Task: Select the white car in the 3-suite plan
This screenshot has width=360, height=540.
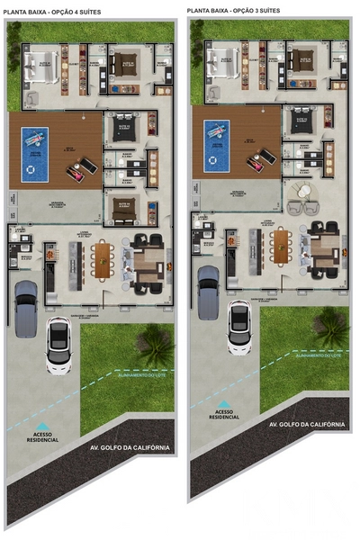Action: (239, 327)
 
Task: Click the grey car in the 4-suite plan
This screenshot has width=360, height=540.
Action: (26, 308)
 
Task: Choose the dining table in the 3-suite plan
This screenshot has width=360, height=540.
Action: (284, 246)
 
